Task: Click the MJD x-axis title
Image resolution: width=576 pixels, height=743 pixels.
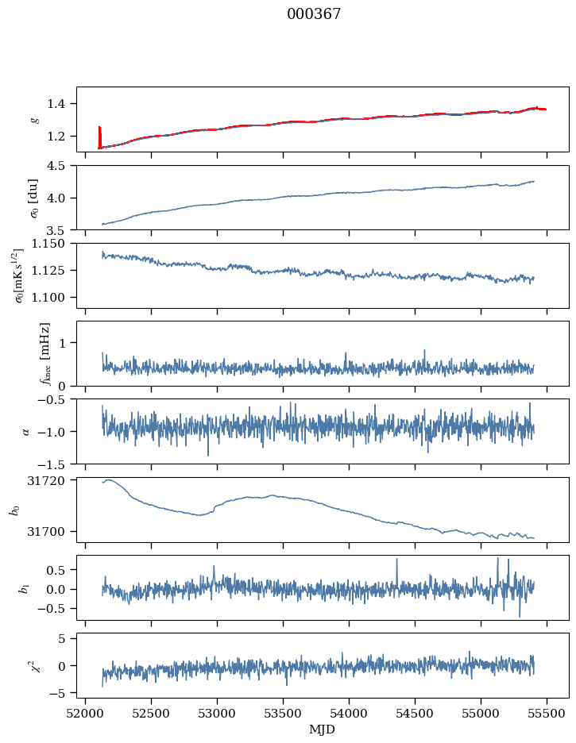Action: (x=322, y=729)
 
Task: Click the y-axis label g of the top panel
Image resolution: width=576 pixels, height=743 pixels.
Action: (x=34, y=120)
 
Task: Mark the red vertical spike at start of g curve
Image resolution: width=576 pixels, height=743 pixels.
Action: (x=99, y=137)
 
